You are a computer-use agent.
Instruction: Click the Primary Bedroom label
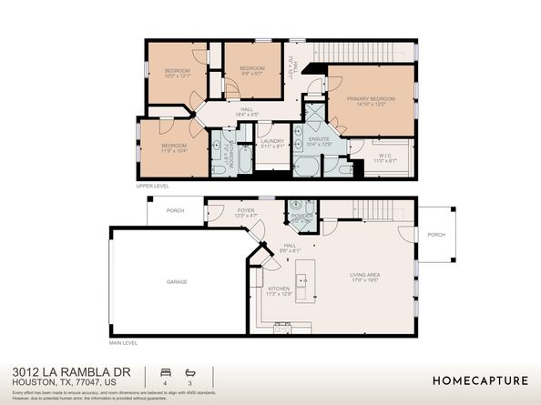point(370,98)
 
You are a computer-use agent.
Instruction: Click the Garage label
point(177,281)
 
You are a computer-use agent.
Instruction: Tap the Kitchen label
point(278,289)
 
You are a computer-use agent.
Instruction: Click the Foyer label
point(246,210)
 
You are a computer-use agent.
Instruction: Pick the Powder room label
point(301,216)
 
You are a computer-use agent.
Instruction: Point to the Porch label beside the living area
point(436,234)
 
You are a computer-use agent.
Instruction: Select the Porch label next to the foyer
point(175,210)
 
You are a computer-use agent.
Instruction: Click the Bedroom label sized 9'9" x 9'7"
point(251,69)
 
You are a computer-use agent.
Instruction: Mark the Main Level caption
point(123,342)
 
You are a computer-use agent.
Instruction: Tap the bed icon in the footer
point(164,372)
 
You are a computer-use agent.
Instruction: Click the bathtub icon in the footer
point(190,372)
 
